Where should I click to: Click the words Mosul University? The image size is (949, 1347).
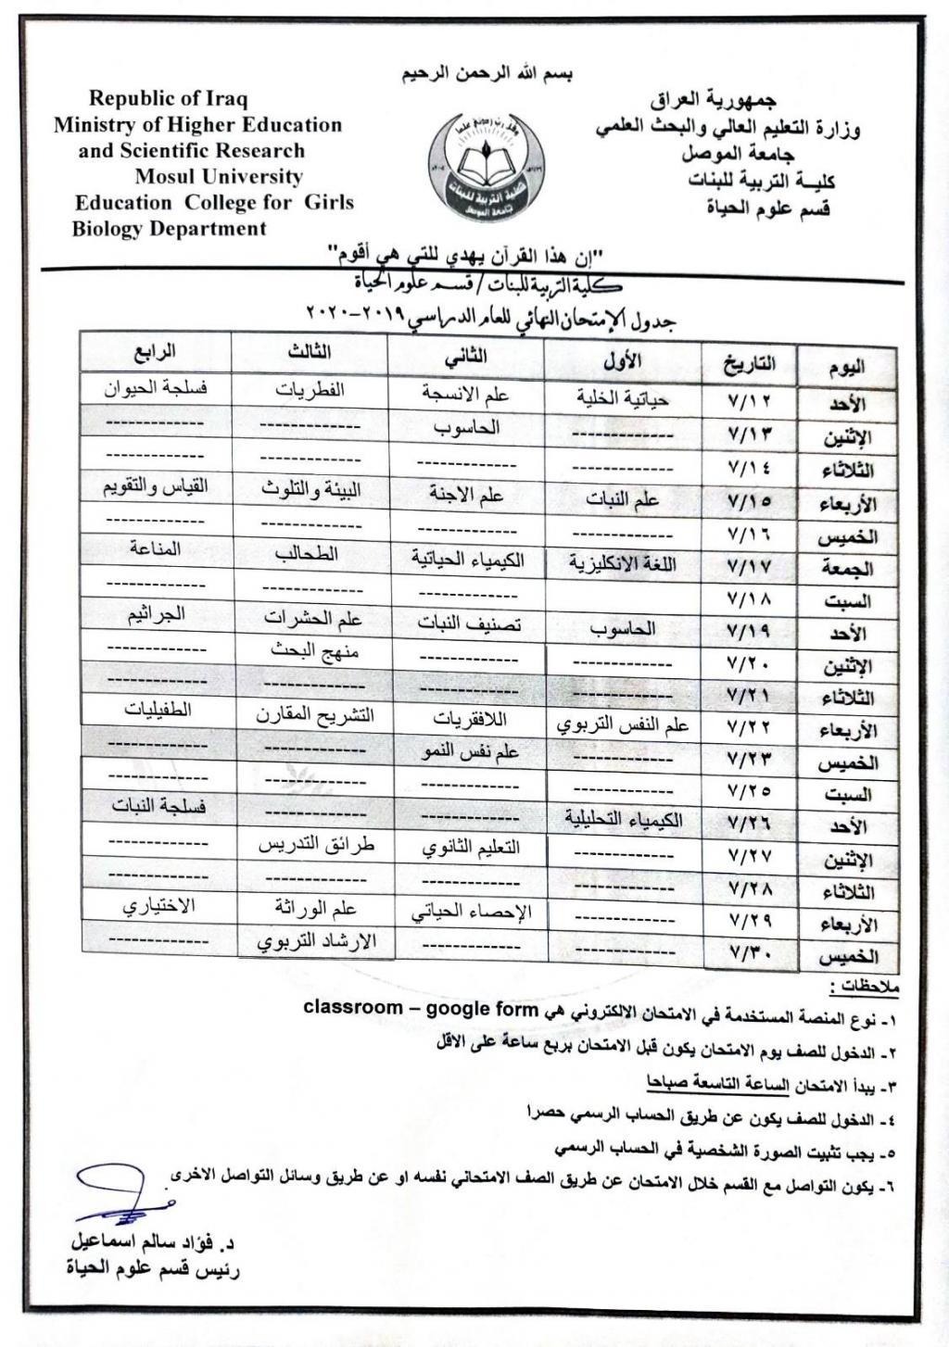click(x=219, y=176)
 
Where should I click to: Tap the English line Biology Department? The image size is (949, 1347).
click(x=169, y=228)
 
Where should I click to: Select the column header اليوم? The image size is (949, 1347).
click(x=845, y=365)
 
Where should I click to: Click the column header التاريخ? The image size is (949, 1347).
click(x=750, y=363)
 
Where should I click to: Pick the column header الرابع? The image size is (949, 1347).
click(x=155, y=353)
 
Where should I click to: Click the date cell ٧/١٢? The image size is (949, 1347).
click(x=750, y=402)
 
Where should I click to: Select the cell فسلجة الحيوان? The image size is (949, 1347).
click(x=155, y=388)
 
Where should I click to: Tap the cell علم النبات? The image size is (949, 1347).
click(x=622, y=500)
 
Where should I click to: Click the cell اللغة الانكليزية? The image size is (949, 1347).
click(x=622, y=564)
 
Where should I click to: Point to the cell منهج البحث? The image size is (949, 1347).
click(x=314, y=650)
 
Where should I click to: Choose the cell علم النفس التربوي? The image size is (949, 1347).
click(x=623, y=725)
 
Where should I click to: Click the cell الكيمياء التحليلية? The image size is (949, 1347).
click(x=623, y=820)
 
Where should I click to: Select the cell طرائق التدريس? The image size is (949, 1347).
click(x=315, y=845)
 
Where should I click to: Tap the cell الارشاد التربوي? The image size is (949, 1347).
click(x=315, y=941)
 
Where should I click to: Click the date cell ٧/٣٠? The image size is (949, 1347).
click(x=750, y=951)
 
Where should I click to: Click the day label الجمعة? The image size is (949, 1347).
click(x=845, y=568)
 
